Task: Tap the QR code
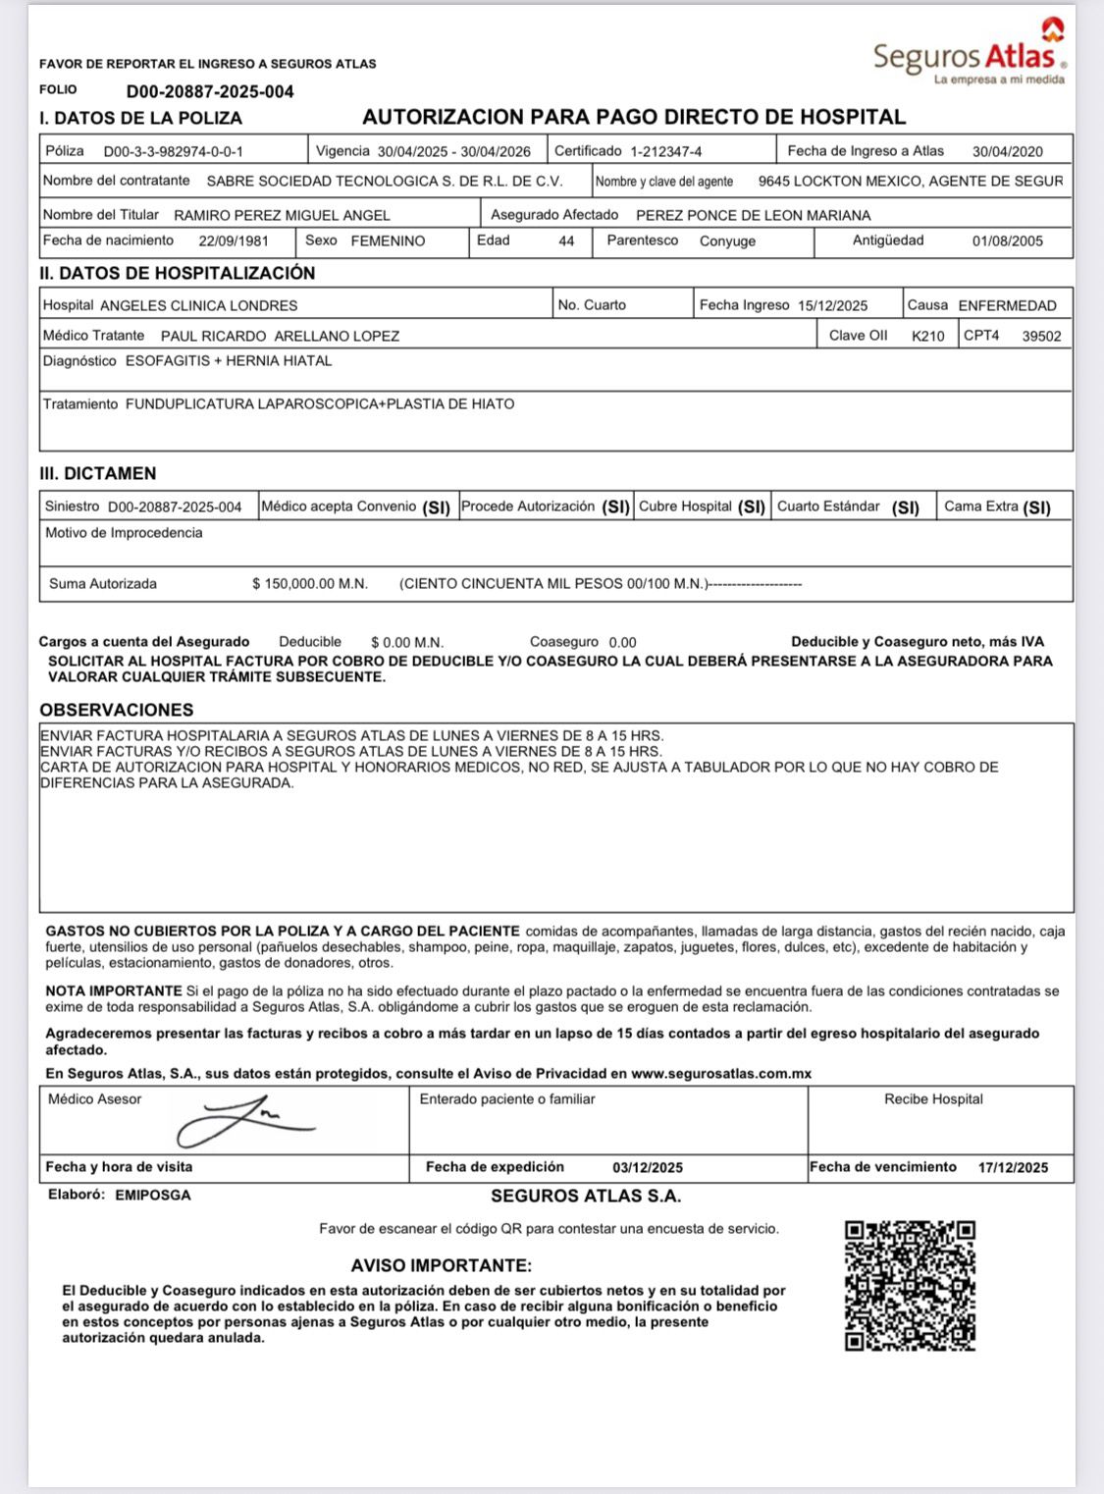click(x=910, y=1285)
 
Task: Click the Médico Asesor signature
click(x=244, y=1119)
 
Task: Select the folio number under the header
click(x=210, y=92)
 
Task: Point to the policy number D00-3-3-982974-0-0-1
click(x=173, y=152)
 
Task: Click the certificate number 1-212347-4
click(x=665, y=152)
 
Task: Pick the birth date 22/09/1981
click(x=232, y=241)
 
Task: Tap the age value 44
click(x=566, y=241)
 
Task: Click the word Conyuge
click(x=727, y=241)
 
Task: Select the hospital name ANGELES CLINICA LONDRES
click(x=198, y=306)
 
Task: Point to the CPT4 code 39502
click(x=1041, y=337)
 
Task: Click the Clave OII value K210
click(x=927, y=337)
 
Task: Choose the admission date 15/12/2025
click(x=832, y=306)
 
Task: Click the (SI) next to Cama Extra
click(x=1036, y=507)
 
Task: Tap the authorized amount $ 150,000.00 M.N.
click(x=310, y=584)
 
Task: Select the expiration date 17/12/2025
click(x=1013, y=1168)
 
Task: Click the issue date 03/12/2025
click(x=648, y=1168)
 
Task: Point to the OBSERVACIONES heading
click(x=117, y=710)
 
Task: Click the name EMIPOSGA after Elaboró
click(x=153, y=1196)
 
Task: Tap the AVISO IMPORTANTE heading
click(x=441, y=1266)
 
